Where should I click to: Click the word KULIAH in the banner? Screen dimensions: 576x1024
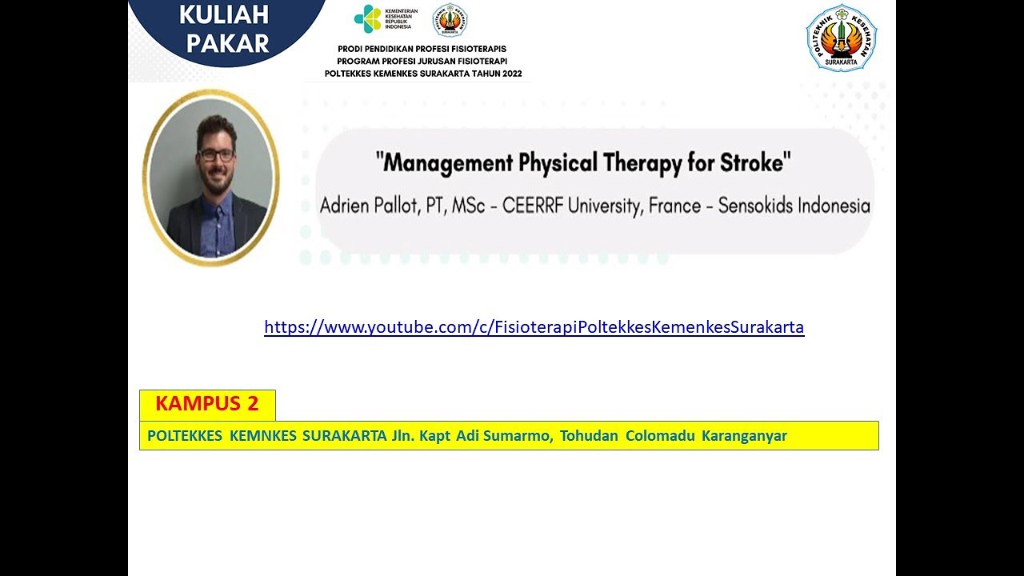click(x=224, y=15)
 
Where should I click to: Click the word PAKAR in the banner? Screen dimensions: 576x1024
click(x=228, y=44)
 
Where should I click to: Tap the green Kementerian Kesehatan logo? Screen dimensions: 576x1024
click(x=368, y=19)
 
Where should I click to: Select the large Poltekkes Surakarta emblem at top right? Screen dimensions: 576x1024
click(x=841, y=38)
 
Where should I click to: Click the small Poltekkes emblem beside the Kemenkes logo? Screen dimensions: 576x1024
click(x=450, y=21)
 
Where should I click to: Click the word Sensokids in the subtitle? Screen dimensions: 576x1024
click(x=757, y=206)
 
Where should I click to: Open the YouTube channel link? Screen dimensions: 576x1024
click(x=534, y=327)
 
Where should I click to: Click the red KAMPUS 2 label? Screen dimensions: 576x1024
click(x=207, y=404)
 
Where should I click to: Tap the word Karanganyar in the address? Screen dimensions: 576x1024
click(x=744, y=436)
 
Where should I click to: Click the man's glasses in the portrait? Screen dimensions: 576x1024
click(x=216, y=154)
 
